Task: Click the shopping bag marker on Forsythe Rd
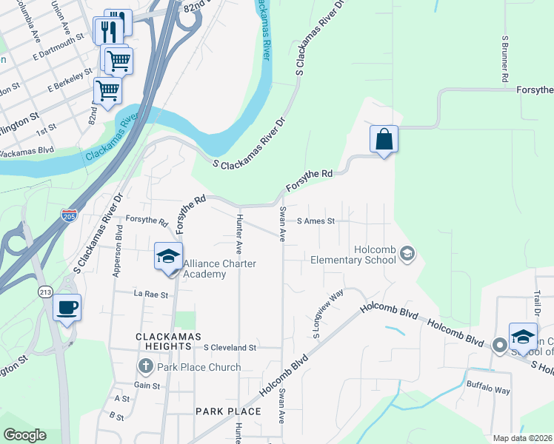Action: pyautogui.click(x=384, y=140)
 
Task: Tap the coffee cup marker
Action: pyautogui.click(x=67, y=308)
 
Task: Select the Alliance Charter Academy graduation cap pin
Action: pyautogui.click(x=168, y=258)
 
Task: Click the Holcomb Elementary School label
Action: pyautogui.click(x=353, y=255)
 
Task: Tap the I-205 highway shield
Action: pyautogui.click(x=68, y=215)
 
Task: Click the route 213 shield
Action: pyautogui.click(x=45, y=291)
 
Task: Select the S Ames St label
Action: pyautogui.click(x=316, y=221)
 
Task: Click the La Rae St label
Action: pyautogui.click(x=152, y=294)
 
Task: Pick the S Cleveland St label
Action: pyautogui.click(x=230, y=347)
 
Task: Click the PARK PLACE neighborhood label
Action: pyautogui.click(x=227, y=411)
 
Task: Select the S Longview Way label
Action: pyautogui.click(x=328, y=314)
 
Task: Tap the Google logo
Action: pyautogui.click(x=24, y=434)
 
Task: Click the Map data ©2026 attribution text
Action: pyautogui.click(x=522, y=438)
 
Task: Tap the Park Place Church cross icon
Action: pyautogui.click(x=145, y=366)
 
